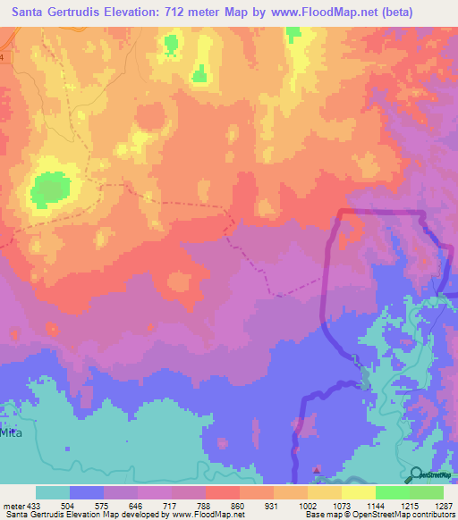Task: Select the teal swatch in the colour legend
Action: tap(53, 492)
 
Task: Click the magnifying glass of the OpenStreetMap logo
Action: tap(417, 474)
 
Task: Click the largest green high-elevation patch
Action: tap(51, 189)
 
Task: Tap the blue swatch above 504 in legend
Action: tap(87, 492)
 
